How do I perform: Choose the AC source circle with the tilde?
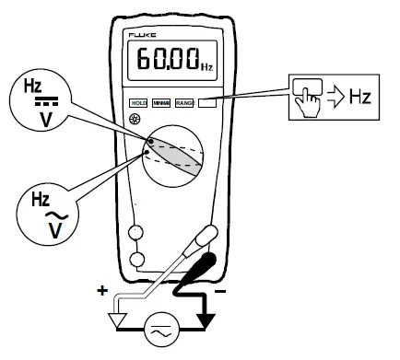pos(163,327)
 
